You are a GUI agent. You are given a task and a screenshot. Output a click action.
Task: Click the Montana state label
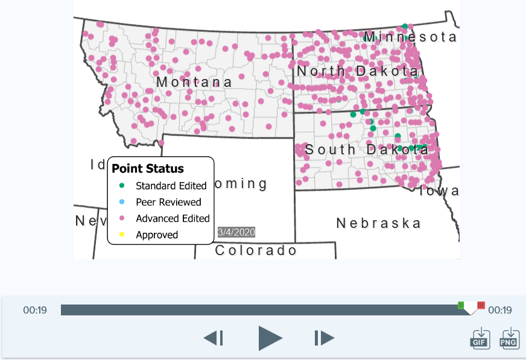tap(194, 82)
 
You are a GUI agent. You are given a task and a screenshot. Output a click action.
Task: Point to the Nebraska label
tap(378, 223)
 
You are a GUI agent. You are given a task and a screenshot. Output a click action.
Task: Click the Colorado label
tap(256, 250)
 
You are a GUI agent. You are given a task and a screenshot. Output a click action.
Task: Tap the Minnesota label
tap(410, 37)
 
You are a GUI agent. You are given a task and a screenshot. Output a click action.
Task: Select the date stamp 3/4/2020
tap(236, 232)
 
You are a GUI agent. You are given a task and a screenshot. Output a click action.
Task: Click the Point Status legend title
tap(148, 168)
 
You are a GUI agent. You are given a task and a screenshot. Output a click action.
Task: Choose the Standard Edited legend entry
tap(171, 186)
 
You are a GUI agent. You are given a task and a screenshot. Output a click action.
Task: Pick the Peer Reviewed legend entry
tap(168, 202)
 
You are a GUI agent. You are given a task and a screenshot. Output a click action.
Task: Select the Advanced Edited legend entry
tap(173, 218)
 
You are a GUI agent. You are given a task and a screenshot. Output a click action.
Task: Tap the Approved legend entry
tap(157, 235)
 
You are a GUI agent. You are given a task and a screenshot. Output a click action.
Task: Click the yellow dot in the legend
tap(121, 235)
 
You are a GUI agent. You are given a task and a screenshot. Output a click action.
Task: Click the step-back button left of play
tap(214, 338)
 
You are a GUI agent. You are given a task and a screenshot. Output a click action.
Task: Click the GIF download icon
tap(480, 338)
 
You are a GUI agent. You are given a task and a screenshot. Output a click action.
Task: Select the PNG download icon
tap(510, 338)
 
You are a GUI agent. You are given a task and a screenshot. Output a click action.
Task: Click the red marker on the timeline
tap(481, 305)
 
